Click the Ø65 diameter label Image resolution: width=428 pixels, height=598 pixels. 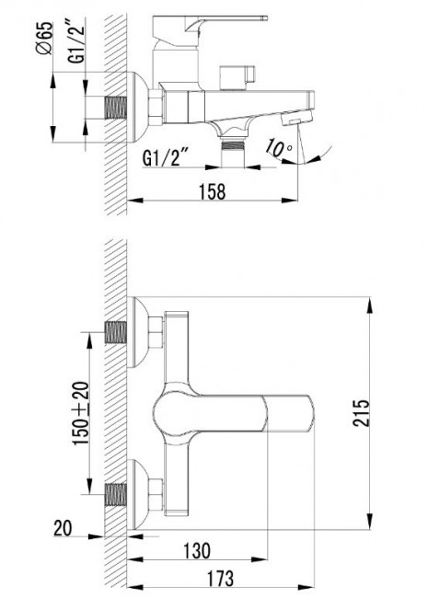click(x=44, y=38)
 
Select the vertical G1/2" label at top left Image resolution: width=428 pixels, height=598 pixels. click(x=76, y=42)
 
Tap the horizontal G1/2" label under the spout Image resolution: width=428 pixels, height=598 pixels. click(x=165, y=157)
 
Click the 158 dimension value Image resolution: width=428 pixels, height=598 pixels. click(x=213, y=192)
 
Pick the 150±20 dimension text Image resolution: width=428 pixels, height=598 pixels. click(x=81, y=414)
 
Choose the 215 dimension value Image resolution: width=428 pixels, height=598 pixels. click(x=361, y=413)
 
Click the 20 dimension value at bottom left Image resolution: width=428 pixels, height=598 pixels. click(x=63, y=529)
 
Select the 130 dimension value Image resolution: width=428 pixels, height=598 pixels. click(x=197, y=550)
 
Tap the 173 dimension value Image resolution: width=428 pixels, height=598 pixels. click(x=221, y=578)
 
